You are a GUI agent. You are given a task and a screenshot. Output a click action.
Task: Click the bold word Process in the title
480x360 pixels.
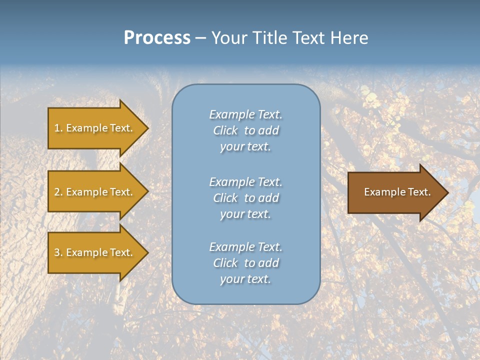click(x=157, y=38)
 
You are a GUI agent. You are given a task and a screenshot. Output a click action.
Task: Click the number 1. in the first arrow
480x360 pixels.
click(x=58, y=128)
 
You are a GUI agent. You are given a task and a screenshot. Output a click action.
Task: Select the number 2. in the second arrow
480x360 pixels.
click(x=58, y=192)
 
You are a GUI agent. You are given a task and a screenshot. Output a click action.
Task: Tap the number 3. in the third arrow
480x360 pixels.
click(x=58, y=252)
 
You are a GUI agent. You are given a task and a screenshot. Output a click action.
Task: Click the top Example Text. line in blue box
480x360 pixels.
click(x=245, y=114)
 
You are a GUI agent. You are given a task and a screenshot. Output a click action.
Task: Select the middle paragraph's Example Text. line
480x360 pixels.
click(x=245, y=182)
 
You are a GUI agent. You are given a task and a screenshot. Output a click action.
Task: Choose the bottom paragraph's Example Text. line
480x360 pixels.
click(x=245, y=247)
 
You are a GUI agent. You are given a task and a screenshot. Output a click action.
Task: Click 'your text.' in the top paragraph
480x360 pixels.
click(x=245, y=147)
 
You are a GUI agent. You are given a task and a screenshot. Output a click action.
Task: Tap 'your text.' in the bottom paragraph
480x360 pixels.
click(x=245, y=279)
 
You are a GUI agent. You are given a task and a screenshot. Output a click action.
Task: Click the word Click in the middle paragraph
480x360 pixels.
click(x=225, y=198)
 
